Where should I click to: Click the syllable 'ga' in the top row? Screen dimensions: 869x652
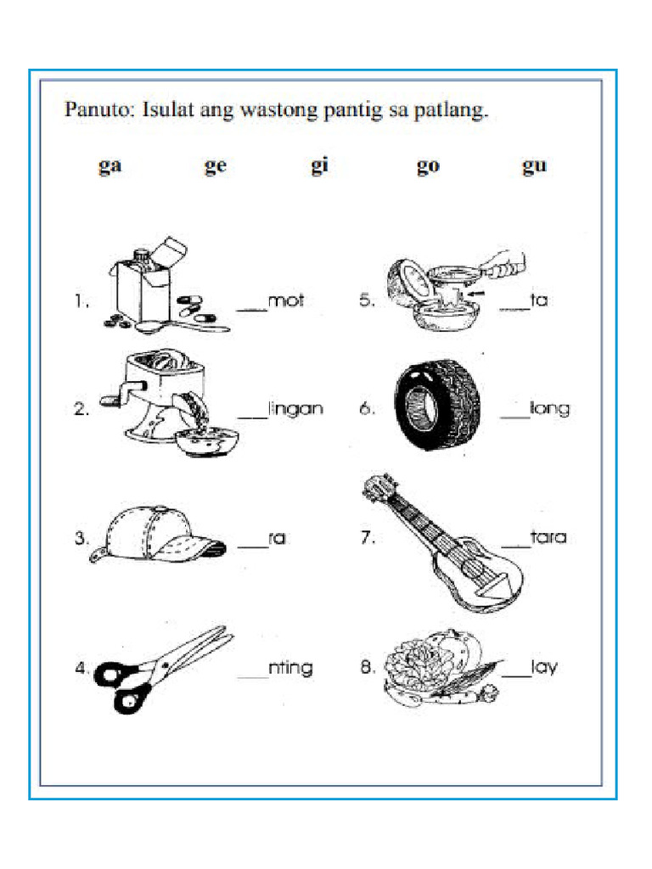tap(110, 167)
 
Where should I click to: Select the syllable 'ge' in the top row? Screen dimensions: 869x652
tap(216, 167)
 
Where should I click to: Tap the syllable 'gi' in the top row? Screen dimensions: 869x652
tap(319, 167)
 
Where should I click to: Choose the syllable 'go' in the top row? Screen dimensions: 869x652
tap(428, 167)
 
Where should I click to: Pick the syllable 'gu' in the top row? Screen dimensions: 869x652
tap(534, 167)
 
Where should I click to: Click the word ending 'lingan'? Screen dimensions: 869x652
tap(295, 408)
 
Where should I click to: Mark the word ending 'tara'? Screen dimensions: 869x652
tap(548, 537)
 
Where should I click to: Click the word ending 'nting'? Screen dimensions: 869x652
tap(290, 668)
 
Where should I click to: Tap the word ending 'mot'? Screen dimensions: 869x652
tap(285, 300)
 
